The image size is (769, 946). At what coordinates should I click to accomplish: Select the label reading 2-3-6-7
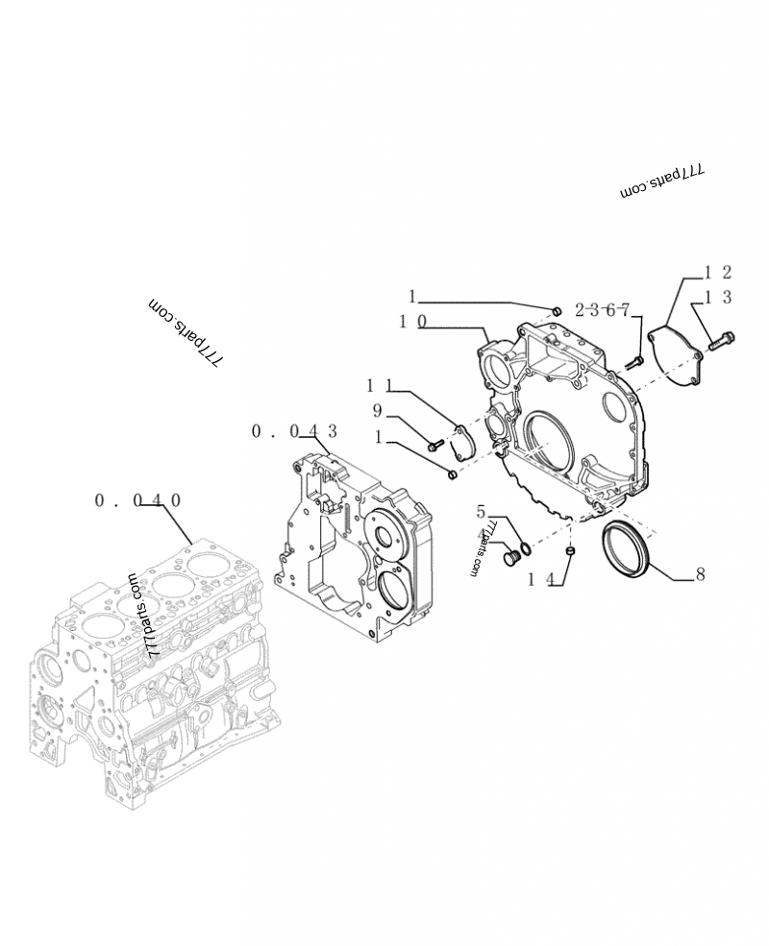tap(603, 309)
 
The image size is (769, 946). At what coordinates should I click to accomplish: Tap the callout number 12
tap(718, 273)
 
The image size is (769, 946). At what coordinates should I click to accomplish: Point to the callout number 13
tap(718, 299)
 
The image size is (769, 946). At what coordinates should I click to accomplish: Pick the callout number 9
tap(378, 411)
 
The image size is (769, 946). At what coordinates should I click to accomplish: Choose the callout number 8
tap(700, 574)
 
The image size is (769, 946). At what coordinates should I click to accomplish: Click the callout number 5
tap(481, 512)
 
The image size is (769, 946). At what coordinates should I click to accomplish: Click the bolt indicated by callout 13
tap(723, 339)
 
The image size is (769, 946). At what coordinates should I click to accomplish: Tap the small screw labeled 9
tap(434, 444)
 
